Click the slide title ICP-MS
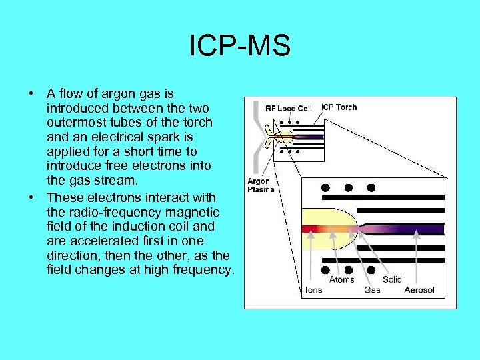click(240, 46)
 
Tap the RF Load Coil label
click(288, 108)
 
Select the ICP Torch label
click(339, 107)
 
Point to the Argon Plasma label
click(261, 185)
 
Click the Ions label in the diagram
click(313, 290)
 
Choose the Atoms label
click(342, 280)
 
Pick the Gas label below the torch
click(373, 290)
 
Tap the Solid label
click(393, 280)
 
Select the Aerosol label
click(419, 290)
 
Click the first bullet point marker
click(31, 93)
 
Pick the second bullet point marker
click(31, 197)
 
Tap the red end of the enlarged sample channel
click(308, 229)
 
